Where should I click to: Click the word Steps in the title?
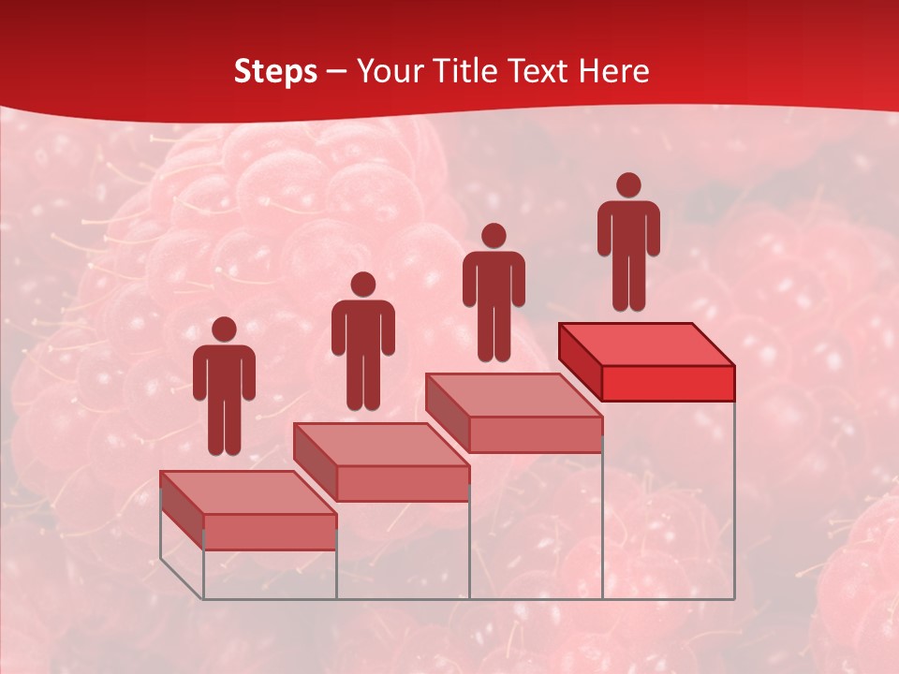(275, 71)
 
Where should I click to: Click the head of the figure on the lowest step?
(224, 330)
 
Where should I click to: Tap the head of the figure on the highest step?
(628, 185)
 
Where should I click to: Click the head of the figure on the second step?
(362, 285)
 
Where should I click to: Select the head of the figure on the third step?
(494, 236)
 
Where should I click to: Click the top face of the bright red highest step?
(646, 344)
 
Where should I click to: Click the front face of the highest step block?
(668, 383)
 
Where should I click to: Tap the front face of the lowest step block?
(270, 532)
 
